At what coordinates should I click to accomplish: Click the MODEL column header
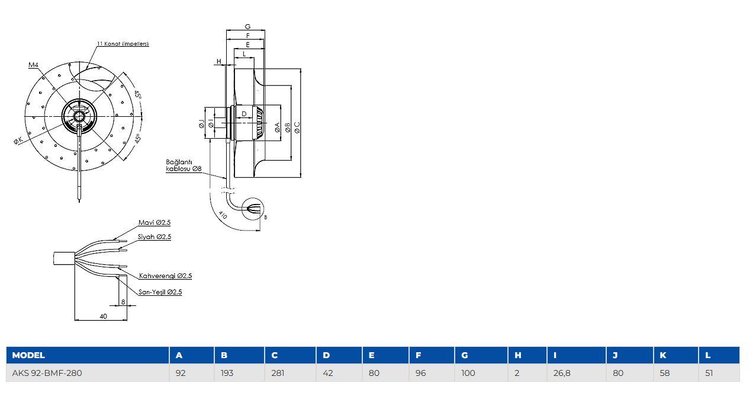pyautogui.click(x=28, y=355)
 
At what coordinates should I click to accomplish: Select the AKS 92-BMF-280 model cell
pyautogui.click(x=47, y=374)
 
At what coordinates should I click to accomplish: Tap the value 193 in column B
pyautogui.click(x=227, y=374)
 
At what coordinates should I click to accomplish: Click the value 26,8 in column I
pyautogui.click(x=562, y=374)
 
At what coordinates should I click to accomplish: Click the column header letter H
pyautogui.click(x=518, y=355)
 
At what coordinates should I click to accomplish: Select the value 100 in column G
pyautogui.click(x=468, y=374)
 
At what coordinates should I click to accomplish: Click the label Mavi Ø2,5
pyautogui.click(x=155, y=223)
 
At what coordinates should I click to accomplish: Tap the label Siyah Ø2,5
pyautogui.click(x=155, y=237)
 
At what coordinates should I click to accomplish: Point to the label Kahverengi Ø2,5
pyautogui.click(x=165, y=276)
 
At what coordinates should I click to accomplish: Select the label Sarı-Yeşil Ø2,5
pyautogui.click(x=160, y=292)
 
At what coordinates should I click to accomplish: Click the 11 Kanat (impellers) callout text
pyautogui.click(x=123, y=44)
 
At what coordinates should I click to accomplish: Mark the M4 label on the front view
pyautogui.click(x=33, y=65)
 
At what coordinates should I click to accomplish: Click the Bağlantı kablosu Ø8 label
pyautogui.click(x=184, y=165)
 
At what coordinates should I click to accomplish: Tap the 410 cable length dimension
pyautogui.click(x=223, y=215)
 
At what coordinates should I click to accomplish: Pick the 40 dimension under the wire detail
pyautogui.click(x=103, y=316)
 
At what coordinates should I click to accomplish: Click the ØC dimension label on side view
pyautogui.click(x=297, y=127)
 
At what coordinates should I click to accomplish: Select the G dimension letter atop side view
pyautogui.click(x=248, y=27)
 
